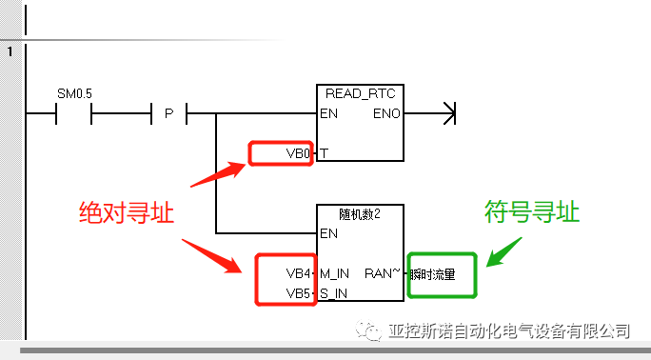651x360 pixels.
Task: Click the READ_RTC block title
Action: click(360, 93)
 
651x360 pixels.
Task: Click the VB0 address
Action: click(298, 153)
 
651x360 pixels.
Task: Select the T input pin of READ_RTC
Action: click(325, 153)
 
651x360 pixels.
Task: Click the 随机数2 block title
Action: click(360, 213)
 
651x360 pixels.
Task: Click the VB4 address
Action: click(298, 273)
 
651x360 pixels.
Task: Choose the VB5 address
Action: click(298, 293)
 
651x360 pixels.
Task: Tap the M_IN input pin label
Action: click(335, 273)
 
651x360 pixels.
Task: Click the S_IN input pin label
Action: click(334, 293)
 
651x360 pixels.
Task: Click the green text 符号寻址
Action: click(531, 211)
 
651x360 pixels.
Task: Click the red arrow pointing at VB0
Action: click(218, 174)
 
